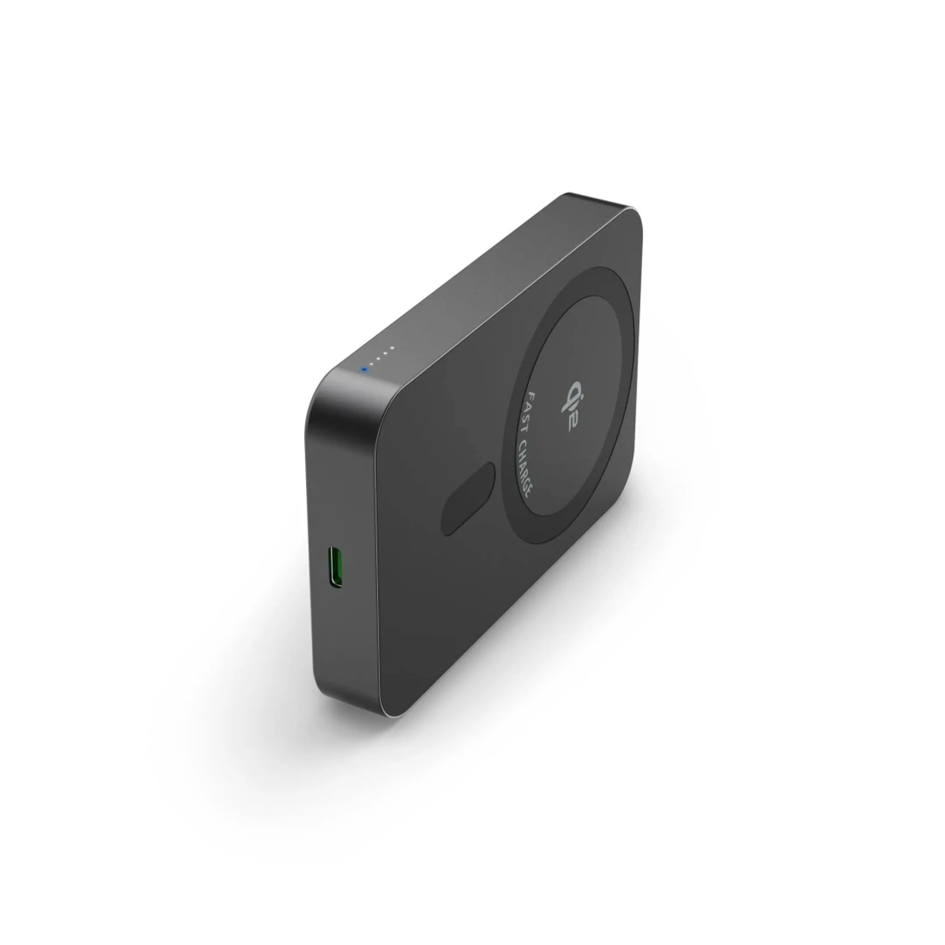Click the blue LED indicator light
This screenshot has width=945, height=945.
[364, 369]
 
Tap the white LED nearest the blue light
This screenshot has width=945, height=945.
[371, 364]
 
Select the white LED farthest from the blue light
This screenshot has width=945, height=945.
[392, 348]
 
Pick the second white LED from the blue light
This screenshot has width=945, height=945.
[378, 358]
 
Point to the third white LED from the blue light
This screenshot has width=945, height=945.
[385, 353]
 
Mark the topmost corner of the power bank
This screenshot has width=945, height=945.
[570, 195]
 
